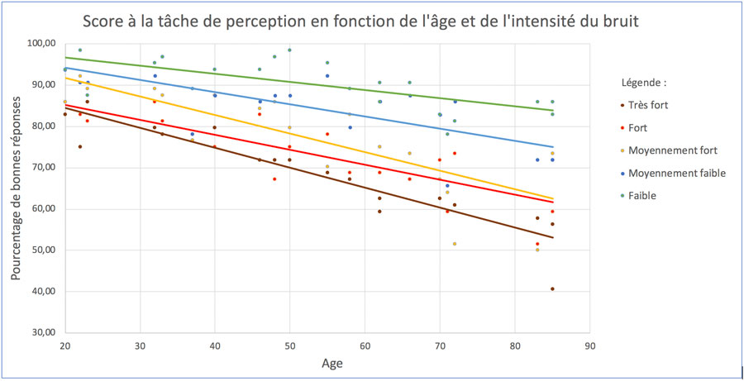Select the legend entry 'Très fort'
[646, 105]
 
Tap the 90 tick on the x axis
[589, 346]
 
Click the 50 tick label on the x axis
[290, 346]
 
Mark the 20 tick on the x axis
[65, 346]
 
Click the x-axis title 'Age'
[331, 364]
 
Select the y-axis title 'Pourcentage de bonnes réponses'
[16, 189]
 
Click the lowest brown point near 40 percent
[552, 289]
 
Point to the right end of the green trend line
[553, 110]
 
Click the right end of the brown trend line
[553, 237]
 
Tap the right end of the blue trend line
[553, 147]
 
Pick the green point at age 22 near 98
[79, 50]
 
